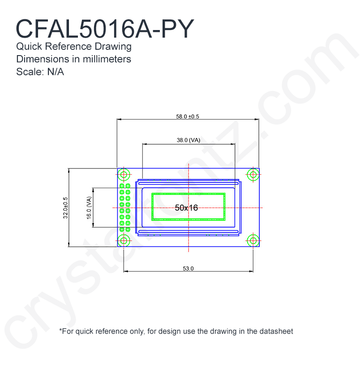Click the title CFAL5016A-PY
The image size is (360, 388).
point(105,29)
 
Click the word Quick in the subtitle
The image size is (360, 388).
point(29,47)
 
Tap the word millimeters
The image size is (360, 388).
point(107,59)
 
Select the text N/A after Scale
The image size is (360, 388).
point(56,72)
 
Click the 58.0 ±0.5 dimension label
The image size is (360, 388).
point(188,116)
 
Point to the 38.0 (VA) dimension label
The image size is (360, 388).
point(189,140)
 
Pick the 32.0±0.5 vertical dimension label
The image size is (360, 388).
point(65,208)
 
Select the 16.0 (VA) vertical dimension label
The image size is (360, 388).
point(89,208)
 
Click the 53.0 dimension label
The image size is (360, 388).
point(188,268)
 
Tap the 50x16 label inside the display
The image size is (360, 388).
point(186,207)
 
